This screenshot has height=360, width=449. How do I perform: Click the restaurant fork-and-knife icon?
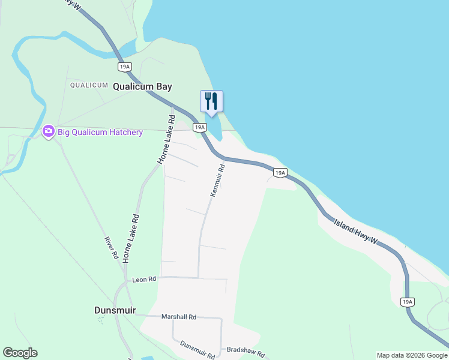[x=211, y=100]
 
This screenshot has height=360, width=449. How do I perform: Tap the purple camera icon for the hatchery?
[x=49, y=131]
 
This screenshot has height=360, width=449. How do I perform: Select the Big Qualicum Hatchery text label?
[x=100, y=132]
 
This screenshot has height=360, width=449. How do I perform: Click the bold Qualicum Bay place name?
[x=143, y=86]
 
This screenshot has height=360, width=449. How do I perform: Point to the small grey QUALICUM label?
[x=89, y=85]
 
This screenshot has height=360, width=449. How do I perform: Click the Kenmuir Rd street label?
[x=217, y=179]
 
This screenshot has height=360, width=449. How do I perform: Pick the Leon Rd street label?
[x=144, y=279]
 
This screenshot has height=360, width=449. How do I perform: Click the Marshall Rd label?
[x=179, y=317]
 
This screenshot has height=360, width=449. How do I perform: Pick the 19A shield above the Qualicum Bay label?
[x=125, y=67]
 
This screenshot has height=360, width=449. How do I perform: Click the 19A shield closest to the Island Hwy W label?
[x=280, y=173]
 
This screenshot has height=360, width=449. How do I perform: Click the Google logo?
[x=20, y=353]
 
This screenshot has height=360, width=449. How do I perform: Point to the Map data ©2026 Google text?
[x=412, y=355]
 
